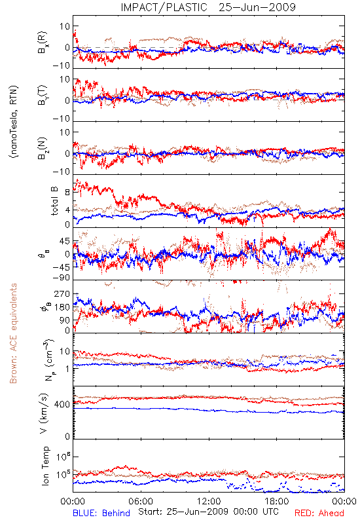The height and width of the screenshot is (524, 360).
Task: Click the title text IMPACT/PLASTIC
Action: (x=164, y=7)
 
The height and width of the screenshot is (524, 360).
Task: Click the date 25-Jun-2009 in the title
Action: (x=257, y=7)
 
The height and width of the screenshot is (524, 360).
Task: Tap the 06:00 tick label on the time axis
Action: (x=141, y=501)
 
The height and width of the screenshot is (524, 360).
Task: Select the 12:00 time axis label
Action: (x=209, y=501)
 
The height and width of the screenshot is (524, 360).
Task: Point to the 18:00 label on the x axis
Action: (x=277, y=501)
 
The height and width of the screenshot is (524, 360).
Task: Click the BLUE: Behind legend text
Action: (x=101, y=513)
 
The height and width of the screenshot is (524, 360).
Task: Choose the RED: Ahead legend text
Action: (x=319, y=513)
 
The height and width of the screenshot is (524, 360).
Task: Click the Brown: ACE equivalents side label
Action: (x=13, y=333)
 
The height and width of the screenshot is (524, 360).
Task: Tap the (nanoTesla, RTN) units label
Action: (x=14, y=121)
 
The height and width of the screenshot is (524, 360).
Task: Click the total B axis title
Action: (x=54, y=201)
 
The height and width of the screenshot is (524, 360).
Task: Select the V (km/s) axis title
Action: (x=44, y=413)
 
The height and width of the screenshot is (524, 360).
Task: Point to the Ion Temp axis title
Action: (x=45, y=466)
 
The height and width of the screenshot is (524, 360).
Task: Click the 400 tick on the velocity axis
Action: (x=62, y=404)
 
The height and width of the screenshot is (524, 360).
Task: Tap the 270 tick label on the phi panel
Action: (x=62, y=293)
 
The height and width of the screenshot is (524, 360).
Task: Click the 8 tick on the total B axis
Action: (x=67, y=192)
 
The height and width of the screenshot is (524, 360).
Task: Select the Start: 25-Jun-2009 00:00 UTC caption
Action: (x=208, y=512)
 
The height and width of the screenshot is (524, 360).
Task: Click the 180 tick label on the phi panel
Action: (x=62, y=307)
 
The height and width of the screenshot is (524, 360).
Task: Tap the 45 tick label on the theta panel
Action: (x=65, y=241)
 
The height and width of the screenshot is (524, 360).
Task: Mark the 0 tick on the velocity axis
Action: (x=67, y=436)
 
